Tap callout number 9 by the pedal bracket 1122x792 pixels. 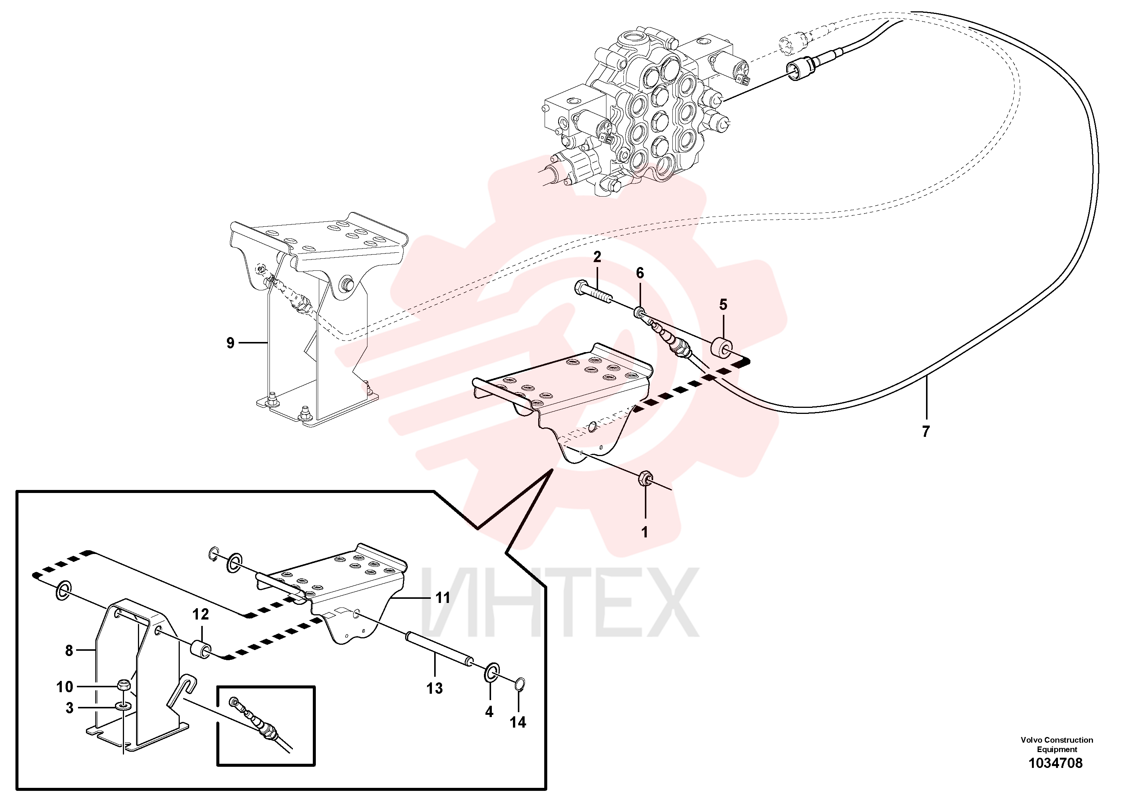(x=231, y=343)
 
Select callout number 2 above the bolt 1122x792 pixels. (x=597, y=257)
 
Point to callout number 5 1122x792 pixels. (x=723, y=305)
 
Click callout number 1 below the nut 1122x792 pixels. (x=644, y=532)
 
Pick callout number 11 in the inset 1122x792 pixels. (x=443, y=598)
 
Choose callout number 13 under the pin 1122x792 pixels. (x=435, y=688)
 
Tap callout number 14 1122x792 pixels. (x=518, y=722)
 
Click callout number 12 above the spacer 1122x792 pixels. (x=201, y=614)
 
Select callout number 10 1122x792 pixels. (x=64, y=687)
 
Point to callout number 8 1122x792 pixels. (x=69, y=650)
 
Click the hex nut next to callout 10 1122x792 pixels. (x=124, y=685)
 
